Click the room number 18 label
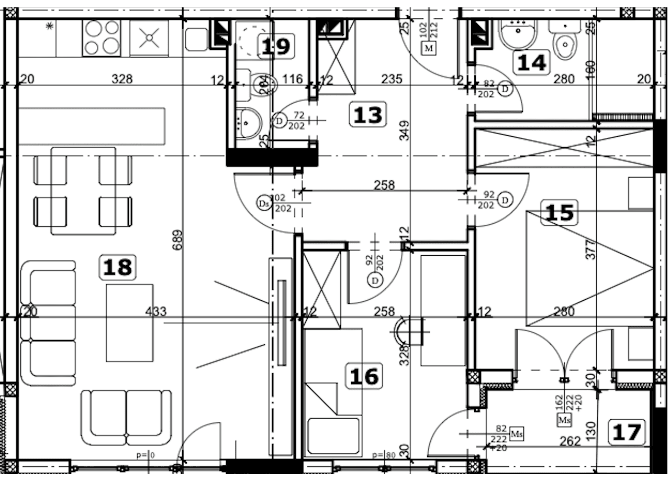(118, 267)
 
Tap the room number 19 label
(276, 47)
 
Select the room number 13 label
(368, 115)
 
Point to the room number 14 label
(532, 62)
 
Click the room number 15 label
(560, 213)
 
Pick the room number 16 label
(364, 376)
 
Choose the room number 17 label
(627, 432)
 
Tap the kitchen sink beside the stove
(149, 38)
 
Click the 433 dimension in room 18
(155, 312)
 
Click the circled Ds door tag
(263, 203)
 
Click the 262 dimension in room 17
(569, 441)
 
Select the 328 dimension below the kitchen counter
(122, 79)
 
